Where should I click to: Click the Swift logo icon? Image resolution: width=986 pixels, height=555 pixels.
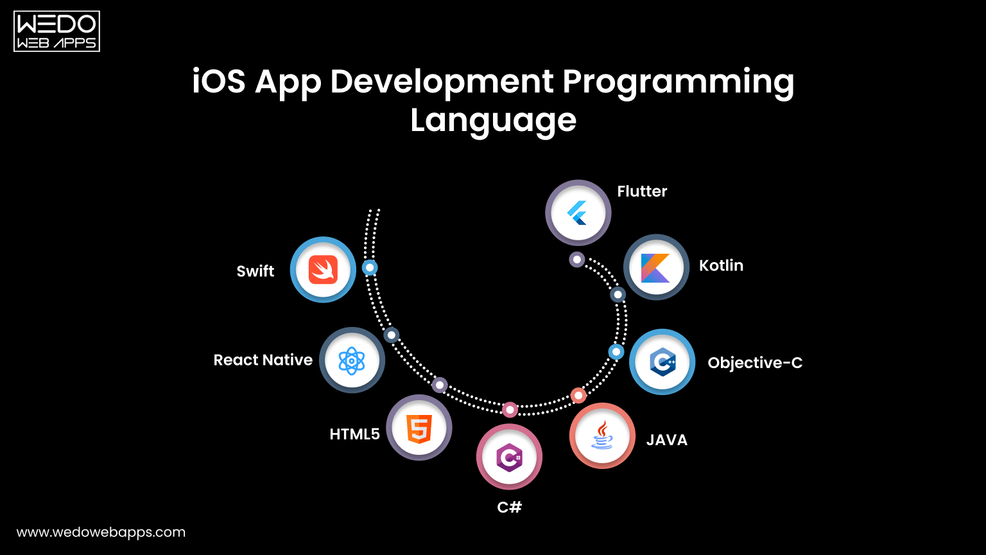point(323,270)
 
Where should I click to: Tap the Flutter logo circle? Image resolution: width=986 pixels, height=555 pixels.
point(578,213)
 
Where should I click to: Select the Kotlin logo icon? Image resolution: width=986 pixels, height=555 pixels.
point(655,267)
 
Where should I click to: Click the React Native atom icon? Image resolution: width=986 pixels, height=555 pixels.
point(352,360)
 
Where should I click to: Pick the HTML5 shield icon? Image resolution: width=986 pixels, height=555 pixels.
point(419,428)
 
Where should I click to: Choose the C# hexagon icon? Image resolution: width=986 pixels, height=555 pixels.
point(509,458)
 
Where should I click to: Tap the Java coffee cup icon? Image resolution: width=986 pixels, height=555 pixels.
point(602,436)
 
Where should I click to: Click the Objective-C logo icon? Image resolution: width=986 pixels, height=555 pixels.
point(662,362)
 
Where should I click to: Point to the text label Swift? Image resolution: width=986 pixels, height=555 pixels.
point(255,271)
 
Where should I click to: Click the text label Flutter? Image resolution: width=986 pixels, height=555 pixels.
point(642,191)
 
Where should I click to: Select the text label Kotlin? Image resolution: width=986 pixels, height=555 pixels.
point(721,266)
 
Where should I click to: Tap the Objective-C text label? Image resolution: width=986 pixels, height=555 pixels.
point(755,363)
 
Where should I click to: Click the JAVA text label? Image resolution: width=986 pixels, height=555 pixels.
point(666,440)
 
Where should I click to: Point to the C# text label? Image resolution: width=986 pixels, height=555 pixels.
point(509,507)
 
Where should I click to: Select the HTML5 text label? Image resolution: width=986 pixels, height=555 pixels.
point(354,434)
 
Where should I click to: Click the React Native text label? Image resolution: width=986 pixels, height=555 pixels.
point(263,360)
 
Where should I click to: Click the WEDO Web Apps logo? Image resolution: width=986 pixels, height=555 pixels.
point(56,31)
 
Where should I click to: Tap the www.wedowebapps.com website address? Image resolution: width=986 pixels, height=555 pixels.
point(101,533)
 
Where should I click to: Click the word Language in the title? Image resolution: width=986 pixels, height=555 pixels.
point(493,120)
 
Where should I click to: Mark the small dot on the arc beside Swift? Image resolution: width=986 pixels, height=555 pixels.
point(370,268)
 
